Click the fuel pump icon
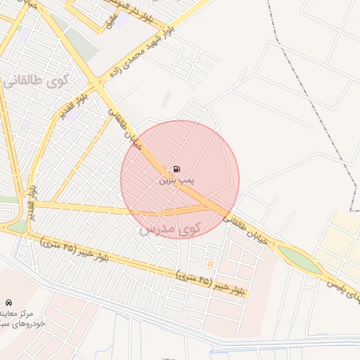coord(176,169)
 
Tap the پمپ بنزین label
coord(176,181)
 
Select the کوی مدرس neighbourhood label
coord(169,228)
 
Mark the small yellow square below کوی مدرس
coord(210,264)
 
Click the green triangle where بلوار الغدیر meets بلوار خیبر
coord(15,226)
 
